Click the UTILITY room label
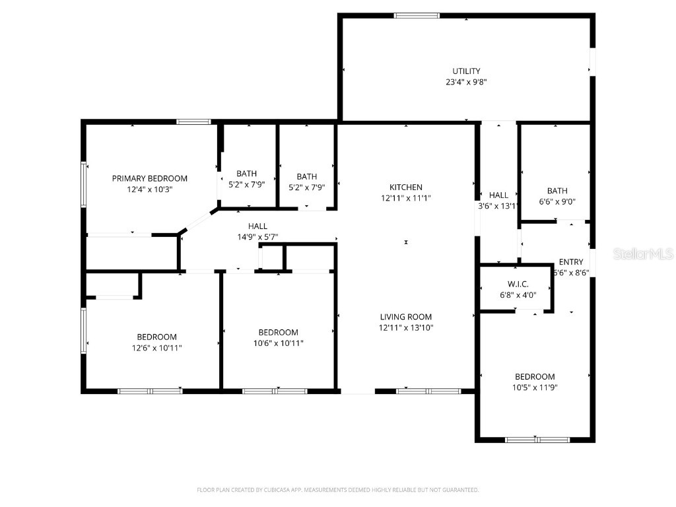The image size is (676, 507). [466, 71]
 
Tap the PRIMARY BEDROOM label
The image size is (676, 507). [149, 178]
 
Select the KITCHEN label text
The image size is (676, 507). [405, 187]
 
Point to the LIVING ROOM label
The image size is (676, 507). [405, 317]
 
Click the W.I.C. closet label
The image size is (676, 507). [518, 284]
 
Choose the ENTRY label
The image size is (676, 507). [570, 262]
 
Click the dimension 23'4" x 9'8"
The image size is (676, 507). [466, 83]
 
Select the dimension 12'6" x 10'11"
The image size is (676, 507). [156, 348]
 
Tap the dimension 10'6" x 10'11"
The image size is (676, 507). [278, 343]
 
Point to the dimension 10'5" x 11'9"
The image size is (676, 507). [535, 388]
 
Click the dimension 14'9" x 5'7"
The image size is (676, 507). [257, 237]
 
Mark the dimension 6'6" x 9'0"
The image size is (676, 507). [557, 203]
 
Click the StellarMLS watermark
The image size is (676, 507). [642, 253]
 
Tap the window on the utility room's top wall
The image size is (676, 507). [417, 15]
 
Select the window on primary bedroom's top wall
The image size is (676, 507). [193, 121]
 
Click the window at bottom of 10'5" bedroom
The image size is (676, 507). [537, 440]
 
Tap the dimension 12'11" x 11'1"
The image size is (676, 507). [405, 198]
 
